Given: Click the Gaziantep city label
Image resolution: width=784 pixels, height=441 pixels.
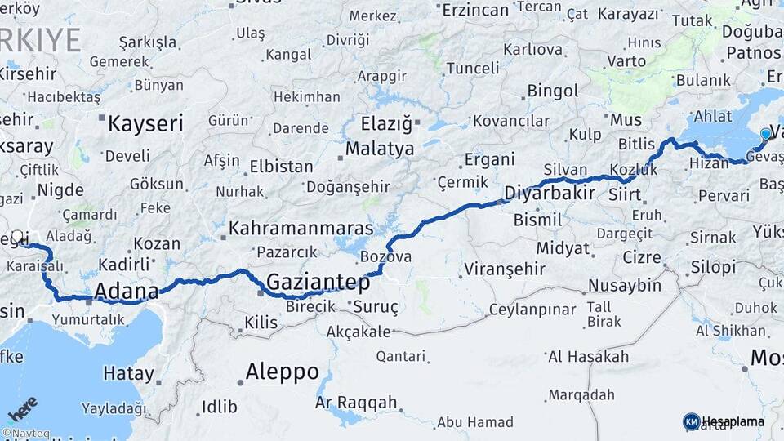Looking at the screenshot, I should tap(318, 283).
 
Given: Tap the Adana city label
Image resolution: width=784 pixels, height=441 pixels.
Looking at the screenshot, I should tap(127, 292).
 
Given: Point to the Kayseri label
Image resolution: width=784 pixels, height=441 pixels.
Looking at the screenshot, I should tap(146, 124).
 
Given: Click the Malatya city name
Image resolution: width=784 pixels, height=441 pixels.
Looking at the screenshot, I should tap(383, 149).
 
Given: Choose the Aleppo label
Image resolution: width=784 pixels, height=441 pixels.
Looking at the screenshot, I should tap(283, 372).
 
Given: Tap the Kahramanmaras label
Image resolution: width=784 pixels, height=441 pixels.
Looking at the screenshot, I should tap(301, 229).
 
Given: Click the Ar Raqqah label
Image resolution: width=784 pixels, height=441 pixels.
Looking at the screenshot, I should tap(356, 402).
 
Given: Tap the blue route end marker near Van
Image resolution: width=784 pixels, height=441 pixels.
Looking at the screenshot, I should tap(765, 134).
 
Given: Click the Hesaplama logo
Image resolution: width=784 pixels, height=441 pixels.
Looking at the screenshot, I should tap(724, 421).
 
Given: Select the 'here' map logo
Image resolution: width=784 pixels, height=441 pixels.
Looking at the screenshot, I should tap(23, 408).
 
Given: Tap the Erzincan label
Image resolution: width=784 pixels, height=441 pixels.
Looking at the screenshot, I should tap(475, 11).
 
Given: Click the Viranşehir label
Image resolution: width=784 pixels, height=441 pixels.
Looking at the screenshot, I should tap(504, 269).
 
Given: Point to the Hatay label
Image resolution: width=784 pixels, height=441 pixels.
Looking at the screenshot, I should tap(128, 374).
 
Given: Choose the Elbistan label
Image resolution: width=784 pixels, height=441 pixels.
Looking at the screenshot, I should tap(281, 166).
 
